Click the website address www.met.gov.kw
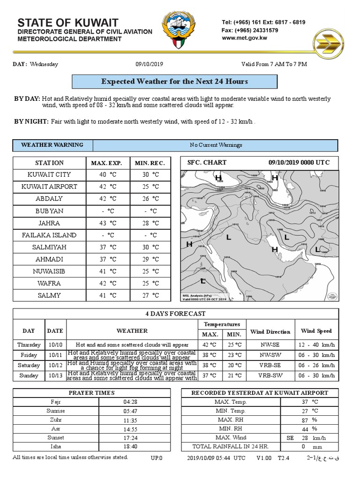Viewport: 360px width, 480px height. click(244, 38)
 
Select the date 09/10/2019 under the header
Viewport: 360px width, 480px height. click(149, 64)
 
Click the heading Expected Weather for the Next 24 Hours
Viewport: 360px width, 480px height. click(174, 82)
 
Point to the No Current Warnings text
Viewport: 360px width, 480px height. click(216, 145)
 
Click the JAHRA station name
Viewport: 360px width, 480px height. click(49, 223)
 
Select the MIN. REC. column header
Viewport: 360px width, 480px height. click(150, 163)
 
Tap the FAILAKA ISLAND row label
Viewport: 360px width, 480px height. click(49, 235)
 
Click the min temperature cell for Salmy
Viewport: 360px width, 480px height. click(150, 295)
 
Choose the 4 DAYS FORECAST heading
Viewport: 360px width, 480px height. click(175, 314)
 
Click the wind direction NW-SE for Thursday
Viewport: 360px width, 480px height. click(270, 345)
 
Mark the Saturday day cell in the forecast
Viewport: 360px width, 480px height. click(29, 365)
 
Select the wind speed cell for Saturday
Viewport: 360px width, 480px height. click(316, 365)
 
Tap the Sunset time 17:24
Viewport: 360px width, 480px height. click(130, 438)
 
